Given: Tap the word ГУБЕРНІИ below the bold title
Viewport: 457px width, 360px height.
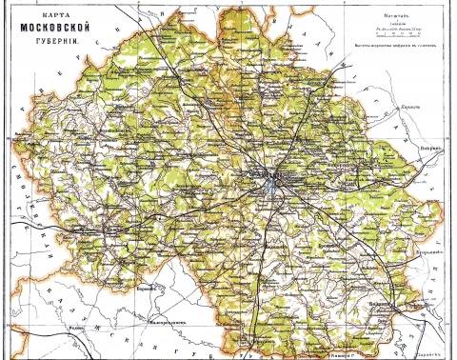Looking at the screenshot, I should pos(52,45).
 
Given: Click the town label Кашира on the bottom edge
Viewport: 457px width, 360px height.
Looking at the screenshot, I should pos(340,350).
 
